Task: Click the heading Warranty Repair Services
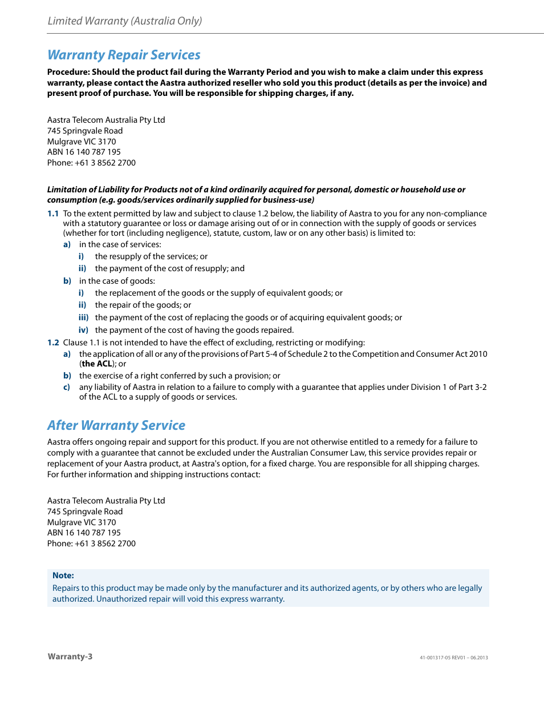124,55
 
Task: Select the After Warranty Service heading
116,425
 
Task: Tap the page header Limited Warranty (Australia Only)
125,21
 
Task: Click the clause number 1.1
53,213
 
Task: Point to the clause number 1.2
53,343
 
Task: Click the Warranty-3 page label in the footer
70,656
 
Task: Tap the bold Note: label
63,575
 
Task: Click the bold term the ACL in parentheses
97,364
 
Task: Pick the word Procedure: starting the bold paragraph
68,72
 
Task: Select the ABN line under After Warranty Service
84,533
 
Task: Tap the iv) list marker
83,330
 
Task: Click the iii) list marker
83,317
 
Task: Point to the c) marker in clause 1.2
67,387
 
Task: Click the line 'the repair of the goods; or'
143,305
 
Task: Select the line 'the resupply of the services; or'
151,256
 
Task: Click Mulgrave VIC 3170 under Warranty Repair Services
82,142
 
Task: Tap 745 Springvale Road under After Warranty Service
85,511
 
